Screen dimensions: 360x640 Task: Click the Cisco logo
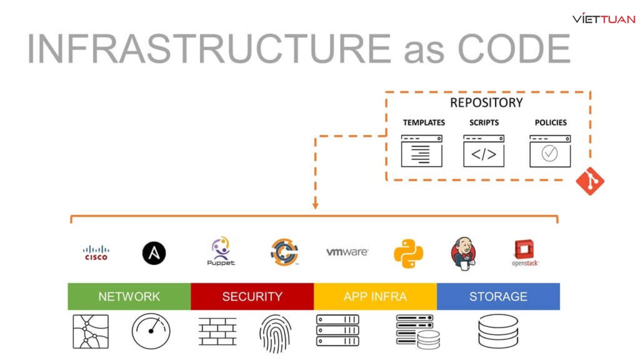(95, 252)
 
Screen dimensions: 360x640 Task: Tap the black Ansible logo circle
(154, 252)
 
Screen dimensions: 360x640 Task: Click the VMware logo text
(347, 252)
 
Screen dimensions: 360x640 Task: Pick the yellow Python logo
(408, 253)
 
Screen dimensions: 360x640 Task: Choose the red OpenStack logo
(524, 252)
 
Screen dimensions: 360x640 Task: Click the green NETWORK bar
(129, 296)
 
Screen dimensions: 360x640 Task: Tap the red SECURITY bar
(252, 296)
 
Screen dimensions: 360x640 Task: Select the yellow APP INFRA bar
(375, 296)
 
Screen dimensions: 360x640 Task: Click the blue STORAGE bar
(498, 296)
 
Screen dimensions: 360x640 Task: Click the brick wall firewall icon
(217, 331)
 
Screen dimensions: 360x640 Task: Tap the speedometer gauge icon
(151, 331)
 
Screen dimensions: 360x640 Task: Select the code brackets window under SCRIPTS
(483, 150)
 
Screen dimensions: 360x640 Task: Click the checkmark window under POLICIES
(549, 150)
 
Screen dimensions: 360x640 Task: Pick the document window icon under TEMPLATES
(421, 150)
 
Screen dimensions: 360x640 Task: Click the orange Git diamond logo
(590, 181)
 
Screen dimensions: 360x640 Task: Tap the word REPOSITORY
(486, 103)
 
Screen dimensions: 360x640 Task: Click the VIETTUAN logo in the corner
(603, 19)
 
